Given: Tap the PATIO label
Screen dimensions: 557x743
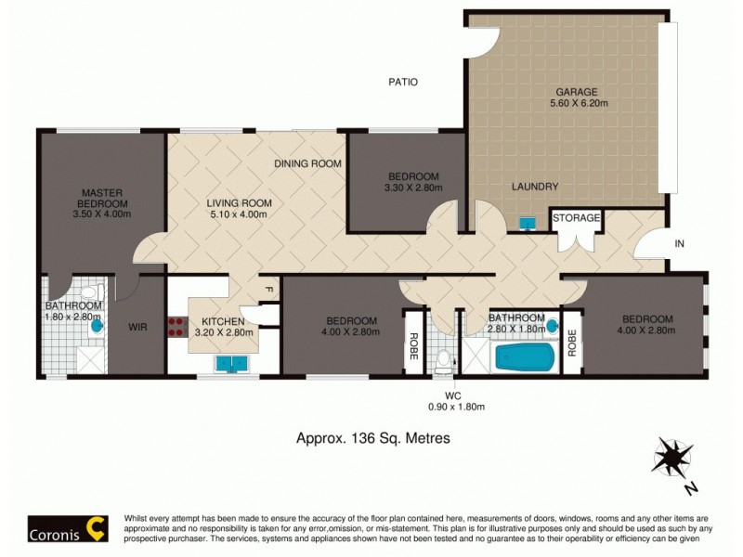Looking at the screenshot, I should tap(402, 82).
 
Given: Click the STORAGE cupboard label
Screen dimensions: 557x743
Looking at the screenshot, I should tap(577, 218).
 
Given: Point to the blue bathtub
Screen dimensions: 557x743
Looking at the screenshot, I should tap(525, 357).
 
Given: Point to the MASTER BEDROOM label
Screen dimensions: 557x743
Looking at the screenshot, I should tap(102, 199).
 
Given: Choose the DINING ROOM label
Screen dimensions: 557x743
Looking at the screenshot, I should tap(307, 163).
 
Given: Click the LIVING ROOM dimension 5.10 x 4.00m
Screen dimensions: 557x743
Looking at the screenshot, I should tap(239, 214).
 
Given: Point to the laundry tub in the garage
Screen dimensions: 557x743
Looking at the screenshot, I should tap(528, 223).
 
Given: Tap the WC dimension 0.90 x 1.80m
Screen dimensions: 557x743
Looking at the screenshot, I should tap(456, 406).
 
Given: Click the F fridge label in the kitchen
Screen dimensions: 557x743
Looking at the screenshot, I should tap(268, 289).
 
